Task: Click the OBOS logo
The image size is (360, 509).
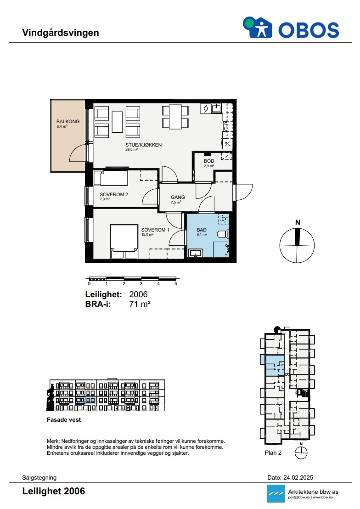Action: [x=291, y=28]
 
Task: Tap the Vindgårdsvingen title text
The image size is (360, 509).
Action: [x=60, y=33]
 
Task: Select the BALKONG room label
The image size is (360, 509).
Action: [x=68, y=121]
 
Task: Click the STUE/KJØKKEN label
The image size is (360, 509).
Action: [x=143, y=145]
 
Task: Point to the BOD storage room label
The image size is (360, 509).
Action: [x=209, y=161]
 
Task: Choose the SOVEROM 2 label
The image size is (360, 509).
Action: [x=113, y=194]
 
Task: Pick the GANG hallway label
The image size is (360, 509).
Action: [x=178, y=197]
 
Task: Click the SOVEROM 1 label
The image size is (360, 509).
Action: [x=155, y=230]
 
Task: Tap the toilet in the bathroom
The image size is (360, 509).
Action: [x=223, y=234]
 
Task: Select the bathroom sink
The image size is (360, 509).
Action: [x=196, y=253]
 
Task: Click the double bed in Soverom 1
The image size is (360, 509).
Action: [x=124, y=242]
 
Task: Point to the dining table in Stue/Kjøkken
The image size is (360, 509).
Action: [x=175, y=117]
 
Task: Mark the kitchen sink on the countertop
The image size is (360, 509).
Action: [x=216, y=108]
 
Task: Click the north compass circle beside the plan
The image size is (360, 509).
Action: [x=297, y=245]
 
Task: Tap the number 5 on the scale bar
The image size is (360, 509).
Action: [x=176, y=284]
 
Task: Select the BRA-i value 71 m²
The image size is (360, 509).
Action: [x=140, y=304]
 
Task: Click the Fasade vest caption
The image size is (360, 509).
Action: [x=64, y=420]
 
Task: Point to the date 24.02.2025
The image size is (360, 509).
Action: [x=298, y=477]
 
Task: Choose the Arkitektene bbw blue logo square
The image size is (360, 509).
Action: [x=276, y=493]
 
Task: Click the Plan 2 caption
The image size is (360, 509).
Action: [x=273, y=453]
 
